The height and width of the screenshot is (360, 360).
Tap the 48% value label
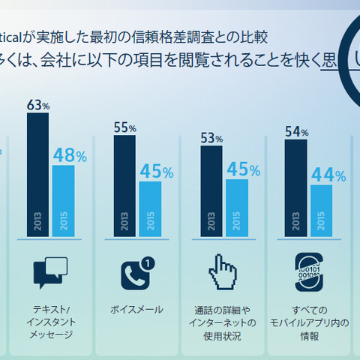tap(69, 156)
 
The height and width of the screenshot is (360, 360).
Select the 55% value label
tap(124, 127)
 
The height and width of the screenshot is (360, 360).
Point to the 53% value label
tap(211, 137)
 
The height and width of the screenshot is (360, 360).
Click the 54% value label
tap(297, 132)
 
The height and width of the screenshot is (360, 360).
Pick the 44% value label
tap(328, 176)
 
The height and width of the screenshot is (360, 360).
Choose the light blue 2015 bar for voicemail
tap(150, 208)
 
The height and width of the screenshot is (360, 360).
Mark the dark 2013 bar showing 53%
tap(211, 190)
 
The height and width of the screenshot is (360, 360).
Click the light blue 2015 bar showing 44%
tap(321, 211)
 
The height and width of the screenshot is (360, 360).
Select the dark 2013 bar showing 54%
tap(297, 187)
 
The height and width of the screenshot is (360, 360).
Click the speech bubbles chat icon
tap(51, 272)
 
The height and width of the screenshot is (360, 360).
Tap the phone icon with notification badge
tap(137, 273)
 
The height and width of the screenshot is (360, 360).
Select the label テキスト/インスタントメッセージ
tap(51, 322)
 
